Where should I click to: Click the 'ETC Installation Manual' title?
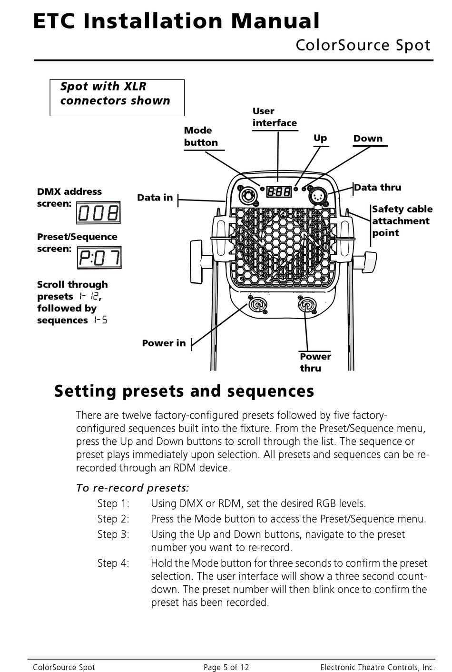point(177,21)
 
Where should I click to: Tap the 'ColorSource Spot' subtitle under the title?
point(363,45)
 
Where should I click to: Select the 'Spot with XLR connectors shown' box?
point(117,97)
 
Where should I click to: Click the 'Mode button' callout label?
point(201,137)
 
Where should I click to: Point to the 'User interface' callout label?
point(275,117)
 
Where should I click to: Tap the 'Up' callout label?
point(320,138)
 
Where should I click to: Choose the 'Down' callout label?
point(368,139)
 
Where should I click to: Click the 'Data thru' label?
point(378,188)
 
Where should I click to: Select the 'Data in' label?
point(155,198)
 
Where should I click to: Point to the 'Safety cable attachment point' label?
point(402,221)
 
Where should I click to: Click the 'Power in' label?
point(164,343)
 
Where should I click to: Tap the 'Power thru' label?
point(315,362)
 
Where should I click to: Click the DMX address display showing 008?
point(98,213)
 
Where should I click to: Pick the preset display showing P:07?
point(99,258)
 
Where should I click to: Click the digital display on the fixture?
point(279,191)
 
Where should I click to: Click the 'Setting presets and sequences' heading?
point(184,391)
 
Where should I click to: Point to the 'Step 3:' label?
point(113,534)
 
